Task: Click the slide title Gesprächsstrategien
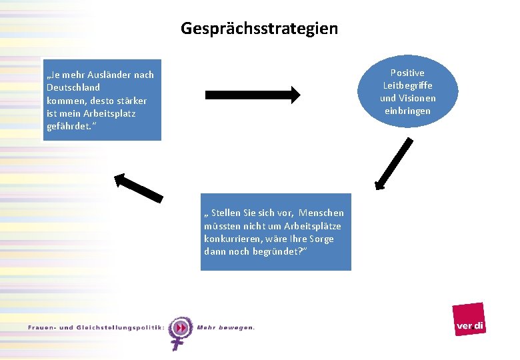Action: (x=259, y=29)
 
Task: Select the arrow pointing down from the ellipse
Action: (x=392, y=163)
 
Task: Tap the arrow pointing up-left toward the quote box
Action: (x=138, y=187)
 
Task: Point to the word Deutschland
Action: (x=73, y=87)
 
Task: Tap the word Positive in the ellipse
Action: (x=407, y=73)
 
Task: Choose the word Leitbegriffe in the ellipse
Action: (x=407, y=85)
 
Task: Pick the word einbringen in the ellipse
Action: (x=407, y=111)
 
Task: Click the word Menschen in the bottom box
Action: (x=321, y=213)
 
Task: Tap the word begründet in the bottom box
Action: (x=278, y=251)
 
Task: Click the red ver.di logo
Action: (x=469, y=319)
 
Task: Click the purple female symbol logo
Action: (x=179, y=332)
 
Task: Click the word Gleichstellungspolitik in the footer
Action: (x=113, y=327)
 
